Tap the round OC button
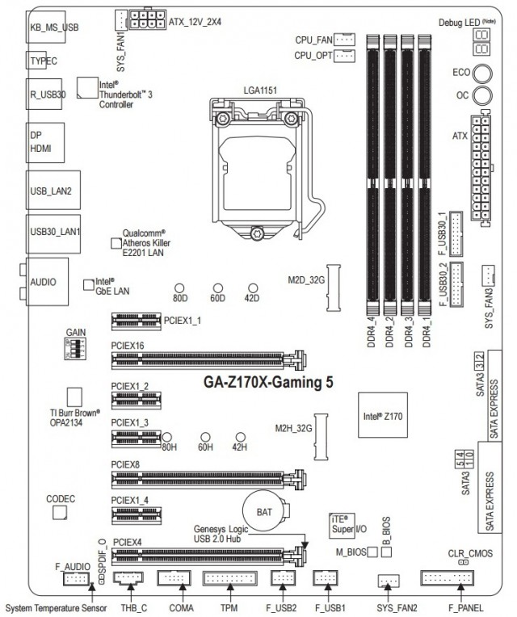point(483,96)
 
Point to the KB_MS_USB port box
point(53,27)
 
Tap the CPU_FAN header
point(344,38)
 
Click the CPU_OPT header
point(344,55)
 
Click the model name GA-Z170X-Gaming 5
point(269,383)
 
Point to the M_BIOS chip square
point(372,552)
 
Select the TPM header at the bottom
point(230,578)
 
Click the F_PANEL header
point(447,578)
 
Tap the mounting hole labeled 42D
point(253,288)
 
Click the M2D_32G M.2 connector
point(333,281)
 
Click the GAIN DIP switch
point(72,348)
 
